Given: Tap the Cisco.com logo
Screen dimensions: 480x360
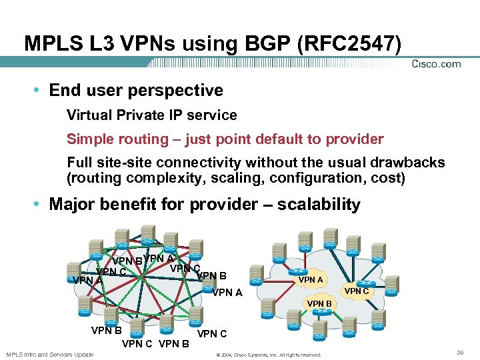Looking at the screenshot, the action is click(436, 64).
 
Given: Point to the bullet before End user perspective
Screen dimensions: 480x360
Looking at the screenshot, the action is click(40, 91).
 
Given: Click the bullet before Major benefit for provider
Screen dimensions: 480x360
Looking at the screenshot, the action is click(40, 205).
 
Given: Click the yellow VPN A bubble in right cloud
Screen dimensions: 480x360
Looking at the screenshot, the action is click(311, 280).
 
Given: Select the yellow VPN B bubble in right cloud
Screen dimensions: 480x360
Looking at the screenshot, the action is click(319, 303).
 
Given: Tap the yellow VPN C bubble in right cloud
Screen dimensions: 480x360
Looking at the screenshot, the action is click(356, 291).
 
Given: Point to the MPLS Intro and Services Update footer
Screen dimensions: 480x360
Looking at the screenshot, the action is click(50, 353).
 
